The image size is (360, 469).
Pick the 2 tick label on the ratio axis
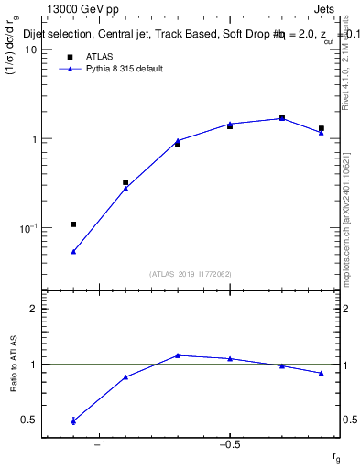click(34, 309)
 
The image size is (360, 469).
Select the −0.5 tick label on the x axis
click(228, 444)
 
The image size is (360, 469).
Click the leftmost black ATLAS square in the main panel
click(73, 224)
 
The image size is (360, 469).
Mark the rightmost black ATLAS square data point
click(322, 129)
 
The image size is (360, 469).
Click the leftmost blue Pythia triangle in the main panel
click(73, 251)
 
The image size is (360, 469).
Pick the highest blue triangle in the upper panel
click(282, 118)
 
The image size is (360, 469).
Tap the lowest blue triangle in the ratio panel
click(73, 421)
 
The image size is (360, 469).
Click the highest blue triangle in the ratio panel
click(178, 355)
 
